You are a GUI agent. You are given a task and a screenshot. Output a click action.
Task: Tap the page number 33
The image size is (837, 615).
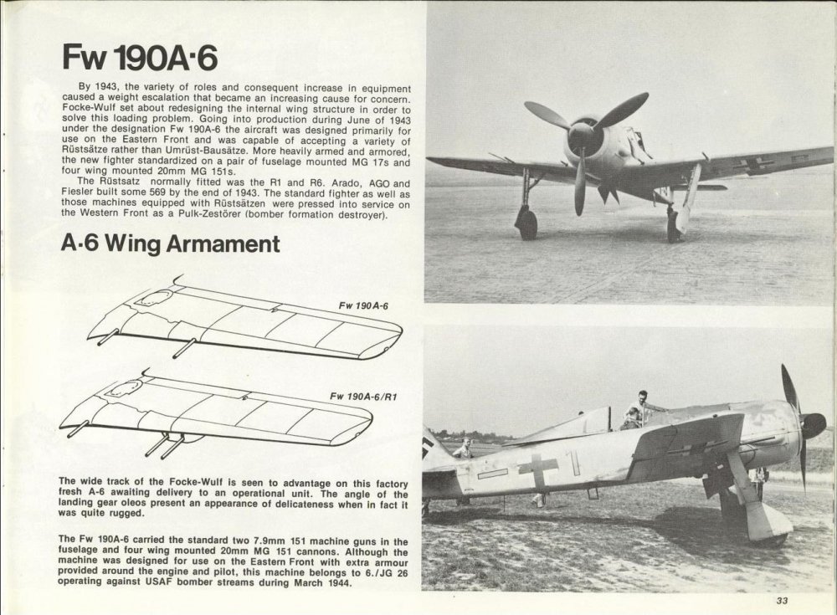[x=783, y=599]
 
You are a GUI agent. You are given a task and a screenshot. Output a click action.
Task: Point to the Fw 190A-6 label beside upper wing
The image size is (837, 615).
[x=363, y=305]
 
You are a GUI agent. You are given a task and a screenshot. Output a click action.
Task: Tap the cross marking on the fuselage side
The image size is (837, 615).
[x=537, y=469]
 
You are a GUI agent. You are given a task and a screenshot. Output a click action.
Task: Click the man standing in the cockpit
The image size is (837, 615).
[x=638, y=407]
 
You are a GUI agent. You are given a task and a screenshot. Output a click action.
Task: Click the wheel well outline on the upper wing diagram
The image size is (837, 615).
[x=152, y=297]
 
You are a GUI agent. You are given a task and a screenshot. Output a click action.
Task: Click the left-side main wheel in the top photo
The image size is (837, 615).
[x=526, y=224]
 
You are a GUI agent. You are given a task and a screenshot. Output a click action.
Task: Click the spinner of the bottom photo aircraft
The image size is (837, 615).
[x=814, y=424]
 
